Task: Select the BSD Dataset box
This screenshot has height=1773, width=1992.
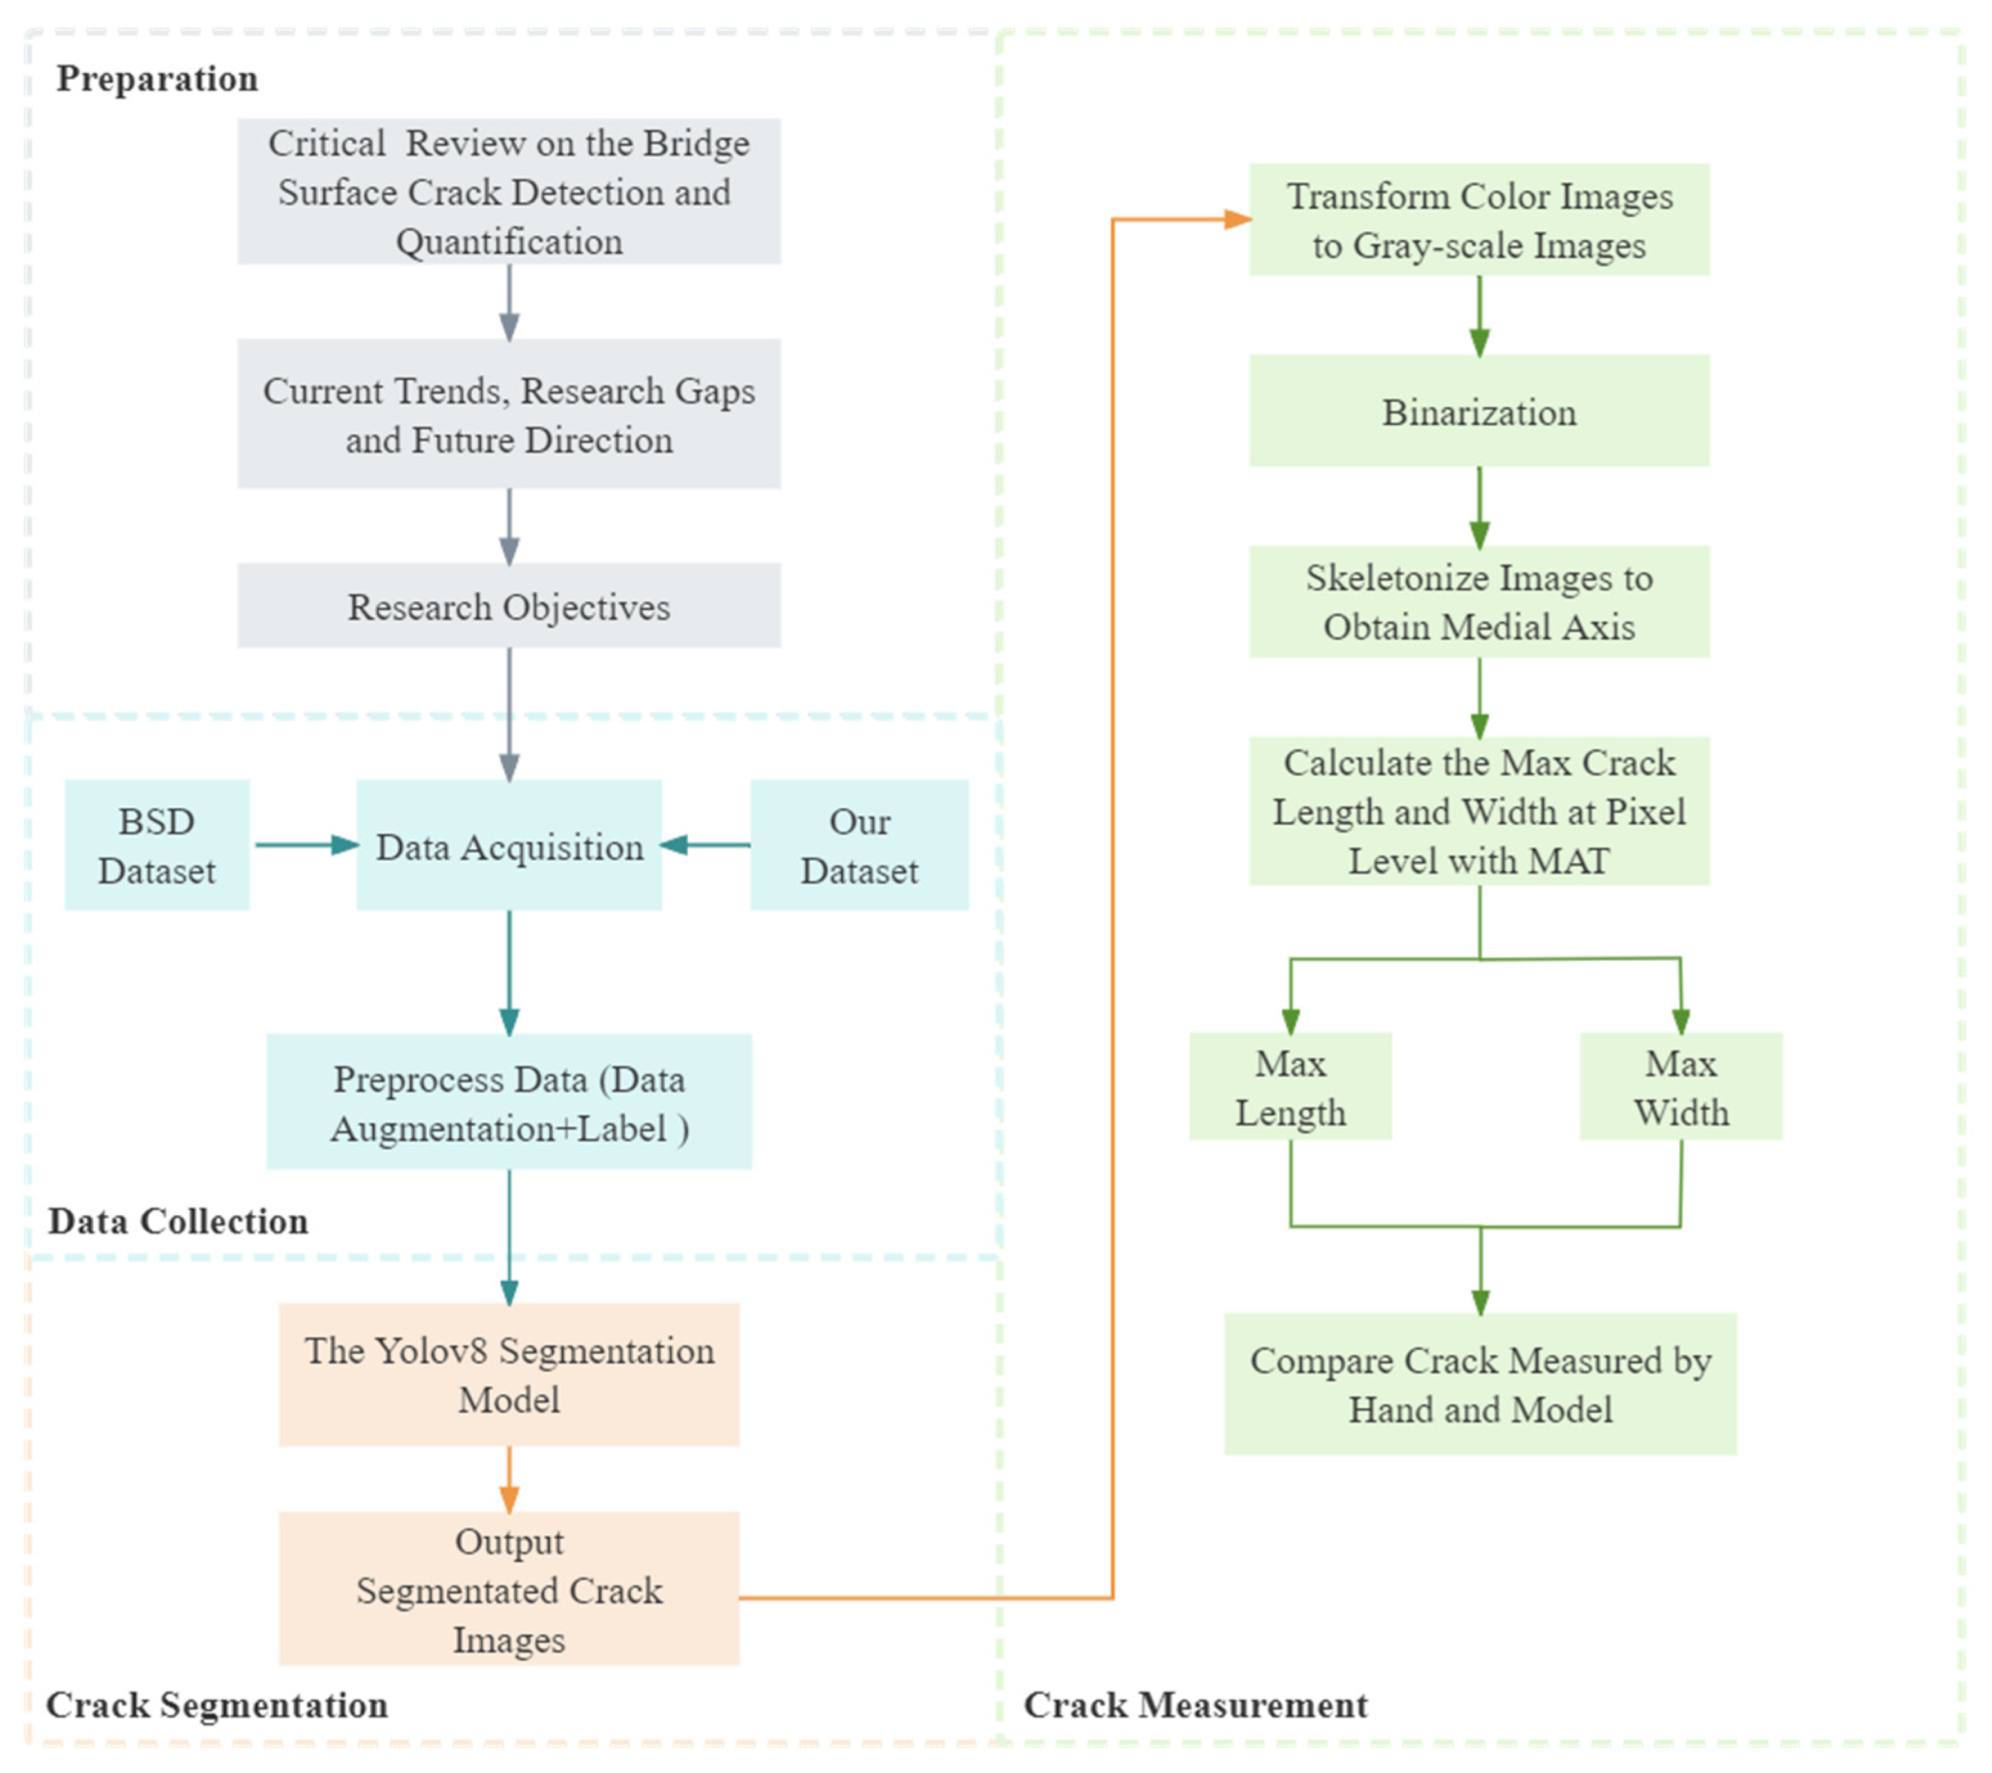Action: click(x=157, y=845)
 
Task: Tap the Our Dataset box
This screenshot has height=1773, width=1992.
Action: click(x=859, y=845)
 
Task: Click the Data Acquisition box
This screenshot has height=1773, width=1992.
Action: click(x=508, y=845)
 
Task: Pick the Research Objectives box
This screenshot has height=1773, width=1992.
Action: click(x=508, y=606)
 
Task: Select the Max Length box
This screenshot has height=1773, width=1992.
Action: click(x=1290, y=1086)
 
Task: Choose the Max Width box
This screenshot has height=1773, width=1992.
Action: click(x=1681, y=1086)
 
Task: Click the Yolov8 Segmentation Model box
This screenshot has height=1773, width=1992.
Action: click(x=508, y=1375)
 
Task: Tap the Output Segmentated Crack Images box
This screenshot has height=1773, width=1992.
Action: click(x=508, y=1590)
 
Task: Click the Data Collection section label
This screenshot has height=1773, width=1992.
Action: click(x=178, y=1221)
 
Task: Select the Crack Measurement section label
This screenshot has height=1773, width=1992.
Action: click(x=1195, y=1705)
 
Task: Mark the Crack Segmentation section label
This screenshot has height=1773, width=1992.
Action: click(x=217, y=1705)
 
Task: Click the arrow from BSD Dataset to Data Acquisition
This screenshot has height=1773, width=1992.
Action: click(x=304, y=845)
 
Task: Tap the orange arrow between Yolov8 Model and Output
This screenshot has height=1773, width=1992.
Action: click(x=508, y=1479)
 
